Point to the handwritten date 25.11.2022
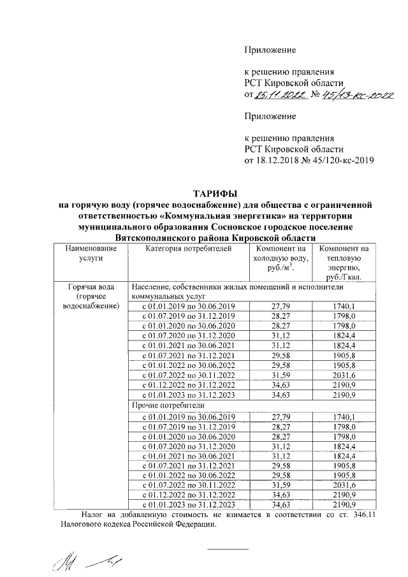coord(279,95)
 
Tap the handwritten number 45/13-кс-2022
coord(356,95)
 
